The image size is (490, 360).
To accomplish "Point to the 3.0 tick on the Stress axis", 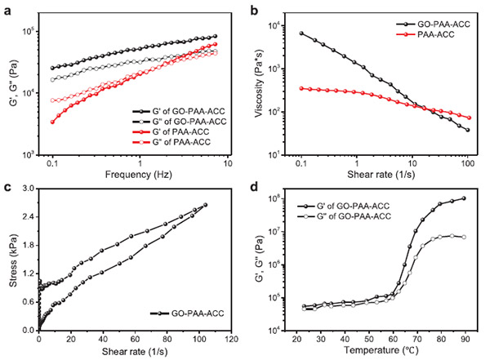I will (x=28, y=189).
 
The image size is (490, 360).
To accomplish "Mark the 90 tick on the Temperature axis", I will (x=465, y=338).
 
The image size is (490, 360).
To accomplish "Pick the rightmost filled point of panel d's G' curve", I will (x=464, y=198).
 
